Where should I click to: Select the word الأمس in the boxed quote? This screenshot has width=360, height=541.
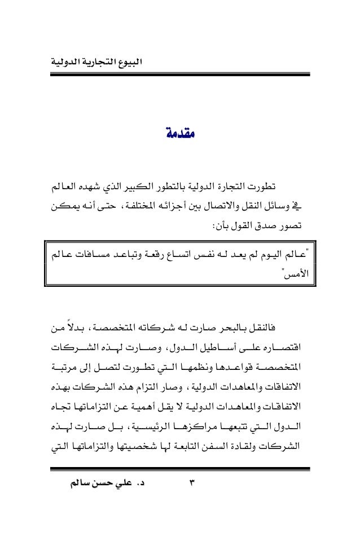click(x=292, y=277)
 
